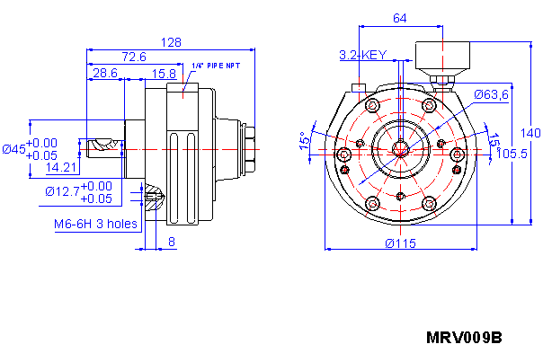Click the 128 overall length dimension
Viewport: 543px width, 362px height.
coord(171,42)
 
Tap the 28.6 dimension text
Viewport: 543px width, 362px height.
coord(105,73)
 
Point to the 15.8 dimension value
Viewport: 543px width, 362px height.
coord(164,73)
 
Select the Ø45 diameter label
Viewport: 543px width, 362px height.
coord(14,148)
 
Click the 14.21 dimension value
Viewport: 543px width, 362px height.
coord(60,167)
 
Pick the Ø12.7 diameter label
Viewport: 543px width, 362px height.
coord(62,191)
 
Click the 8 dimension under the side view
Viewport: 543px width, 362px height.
coord(172,241)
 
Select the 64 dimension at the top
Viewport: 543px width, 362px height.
coord(400,18)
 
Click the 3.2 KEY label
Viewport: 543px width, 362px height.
coord(362,55)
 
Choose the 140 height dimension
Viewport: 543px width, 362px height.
coord(530,133)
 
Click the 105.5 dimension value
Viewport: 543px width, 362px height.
coord(512,154)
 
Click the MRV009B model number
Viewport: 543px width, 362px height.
coord(463,338)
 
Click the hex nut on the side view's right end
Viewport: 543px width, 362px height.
coord(248,147)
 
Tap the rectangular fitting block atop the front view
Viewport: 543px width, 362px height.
coord(442,59)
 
